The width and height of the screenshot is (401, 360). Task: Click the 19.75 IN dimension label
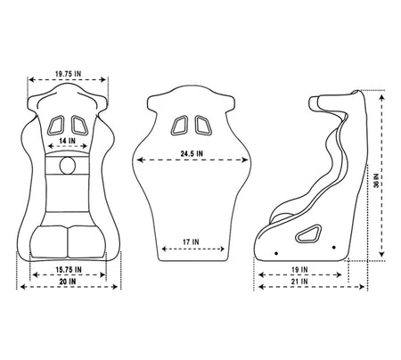[x=68, y=74]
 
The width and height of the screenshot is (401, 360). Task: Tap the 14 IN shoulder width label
[x=67, y=141]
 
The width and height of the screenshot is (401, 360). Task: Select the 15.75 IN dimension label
[x=69, y=270]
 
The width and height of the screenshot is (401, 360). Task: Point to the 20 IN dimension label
[x=68, y=282]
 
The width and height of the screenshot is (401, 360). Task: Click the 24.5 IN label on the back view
[x=192, y=153]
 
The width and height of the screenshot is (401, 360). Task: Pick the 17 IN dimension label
[x=191, y=242]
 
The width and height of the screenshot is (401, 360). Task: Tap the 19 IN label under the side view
[x=299, y=270]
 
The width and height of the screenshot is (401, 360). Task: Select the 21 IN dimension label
[x=299, y=282]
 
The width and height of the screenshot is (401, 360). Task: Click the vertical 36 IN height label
[x=376, y=180]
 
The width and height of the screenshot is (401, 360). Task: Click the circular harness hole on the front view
[x=68, y=165]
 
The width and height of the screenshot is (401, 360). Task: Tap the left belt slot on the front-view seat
[x=55, y=125]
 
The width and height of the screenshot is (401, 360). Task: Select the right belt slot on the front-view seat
[x=79, y=125]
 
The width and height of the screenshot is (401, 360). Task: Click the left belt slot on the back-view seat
[x=179, y=125]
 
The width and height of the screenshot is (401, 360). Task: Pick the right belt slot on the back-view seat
[x=203, y=125]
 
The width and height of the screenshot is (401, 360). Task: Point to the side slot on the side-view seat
[x=308, y=233]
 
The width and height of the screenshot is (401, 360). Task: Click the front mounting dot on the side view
[x=276, y=253]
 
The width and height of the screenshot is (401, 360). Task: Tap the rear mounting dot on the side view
[x=334, y=248]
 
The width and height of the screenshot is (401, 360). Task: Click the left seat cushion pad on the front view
[x=49, y=241]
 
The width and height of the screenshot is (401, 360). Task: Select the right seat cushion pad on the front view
[x=86, y=241]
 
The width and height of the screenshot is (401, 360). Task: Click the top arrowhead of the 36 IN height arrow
[x=382, y=97]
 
